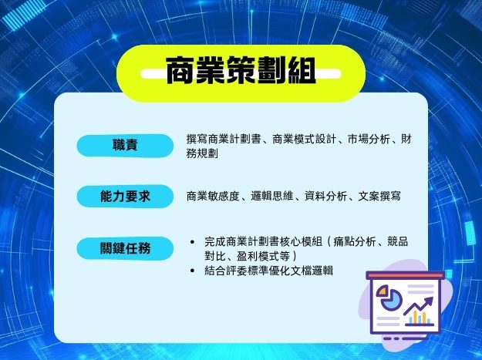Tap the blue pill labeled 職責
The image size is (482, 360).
[125, 145]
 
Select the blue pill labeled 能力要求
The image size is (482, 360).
[125, 197]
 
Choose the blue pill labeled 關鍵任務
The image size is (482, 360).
[125, 248]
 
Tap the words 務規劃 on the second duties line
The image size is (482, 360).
[202, 153]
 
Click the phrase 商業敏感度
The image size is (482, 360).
[213, 196]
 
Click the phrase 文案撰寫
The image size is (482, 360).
[379, 196]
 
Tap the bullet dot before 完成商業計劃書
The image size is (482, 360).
[193, 242]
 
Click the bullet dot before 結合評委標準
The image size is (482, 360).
[193, 271]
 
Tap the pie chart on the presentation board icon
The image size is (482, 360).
[389, 297]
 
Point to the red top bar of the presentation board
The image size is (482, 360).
[405, 275]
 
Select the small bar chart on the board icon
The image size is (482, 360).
[420, 318]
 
